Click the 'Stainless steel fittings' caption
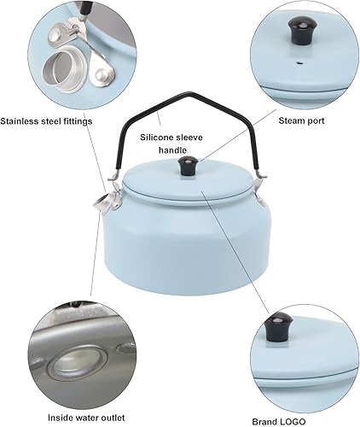tap(58, 120)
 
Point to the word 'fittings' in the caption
tap(96, 120)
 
